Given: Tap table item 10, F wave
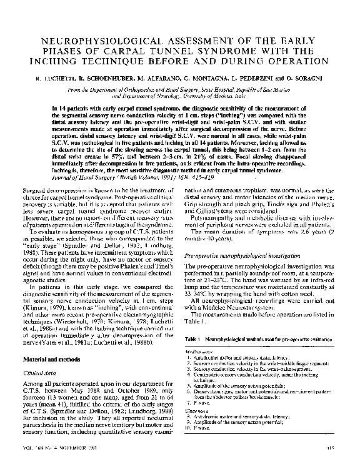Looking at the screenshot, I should coord(201,448).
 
